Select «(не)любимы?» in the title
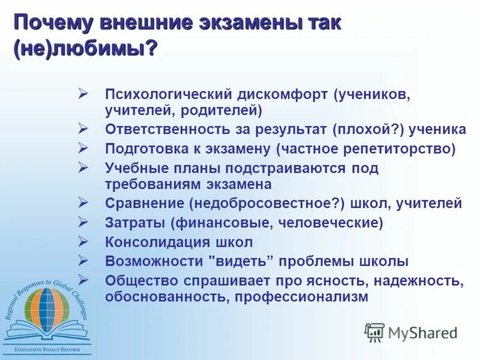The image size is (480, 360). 83,49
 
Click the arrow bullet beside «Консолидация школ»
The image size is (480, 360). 83,241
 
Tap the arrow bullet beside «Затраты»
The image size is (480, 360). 83,222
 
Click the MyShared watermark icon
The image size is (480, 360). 374,332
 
